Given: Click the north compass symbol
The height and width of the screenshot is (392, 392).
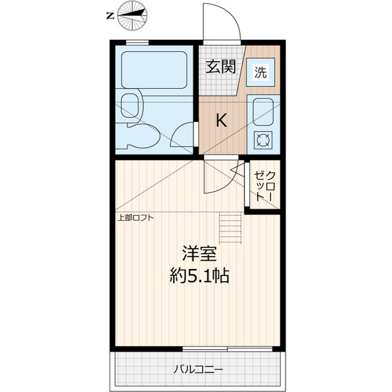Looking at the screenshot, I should [134, 16].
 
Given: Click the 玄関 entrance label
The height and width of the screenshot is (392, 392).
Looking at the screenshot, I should [221, 67].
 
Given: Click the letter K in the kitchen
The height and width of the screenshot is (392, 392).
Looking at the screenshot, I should [221, 121].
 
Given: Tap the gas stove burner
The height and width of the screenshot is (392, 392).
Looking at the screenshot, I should [263, 140].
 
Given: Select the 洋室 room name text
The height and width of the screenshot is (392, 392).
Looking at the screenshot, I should [200, 253].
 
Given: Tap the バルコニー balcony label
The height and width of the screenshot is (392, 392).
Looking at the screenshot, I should [197, 370].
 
